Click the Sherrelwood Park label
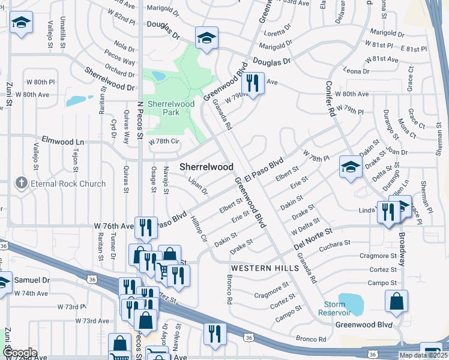pos(171,108)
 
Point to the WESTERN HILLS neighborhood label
pos(265,268)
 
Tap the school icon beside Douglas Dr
pos(206,38)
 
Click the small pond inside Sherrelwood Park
pos(158,76)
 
